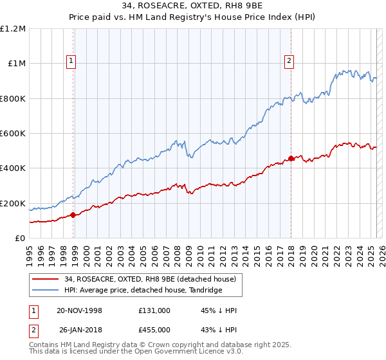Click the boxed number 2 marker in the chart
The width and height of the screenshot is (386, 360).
pos(289,62)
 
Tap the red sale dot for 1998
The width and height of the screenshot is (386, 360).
pos(73,215)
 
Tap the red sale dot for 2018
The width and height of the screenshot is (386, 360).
pos(291,158)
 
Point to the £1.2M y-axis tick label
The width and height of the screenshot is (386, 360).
pos(13,29)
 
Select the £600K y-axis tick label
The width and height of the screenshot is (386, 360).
pos(13,134)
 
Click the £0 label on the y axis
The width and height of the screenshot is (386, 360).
pos(21,239)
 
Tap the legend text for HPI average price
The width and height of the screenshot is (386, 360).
pos(143,291)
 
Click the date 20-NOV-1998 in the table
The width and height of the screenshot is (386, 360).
pos(79,310)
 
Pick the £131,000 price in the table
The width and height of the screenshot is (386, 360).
pos(154,310)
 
